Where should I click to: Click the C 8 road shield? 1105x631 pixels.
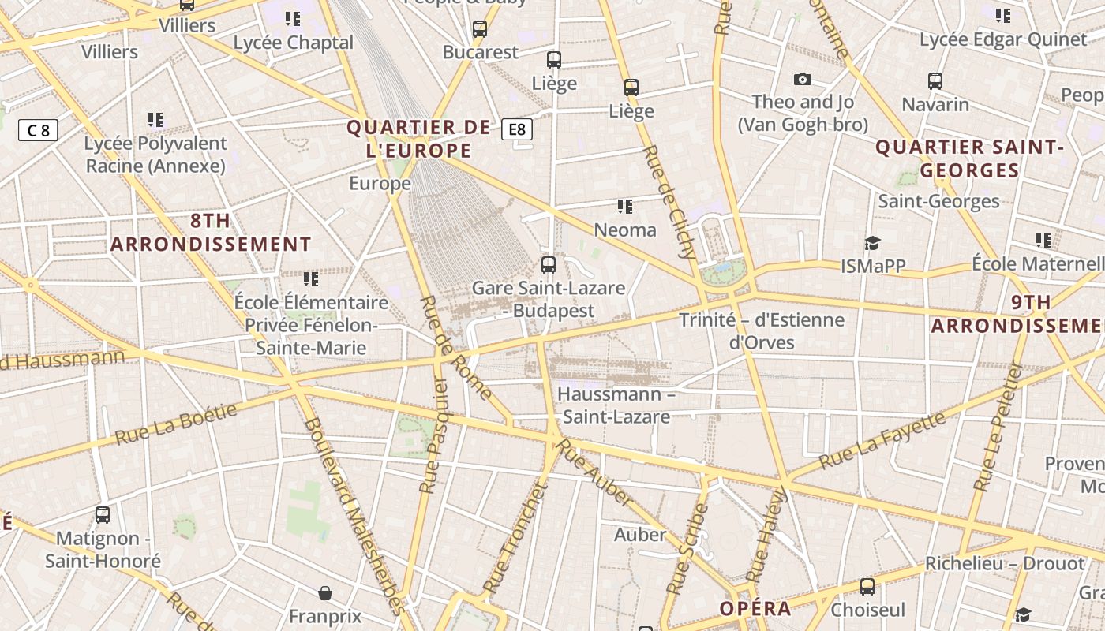click(38, 130)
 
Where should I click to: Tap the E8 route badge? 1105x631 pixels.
click(517, 129)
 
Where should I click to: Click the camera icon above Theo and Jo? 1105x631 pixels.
click(803, 79)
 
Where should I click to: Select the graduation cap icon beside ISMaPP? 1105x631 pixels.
click(872, 243)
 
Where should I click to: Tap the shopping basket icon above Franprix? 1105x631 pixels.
click(325, 593)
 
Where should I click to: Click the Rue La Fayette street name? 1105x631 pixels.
click(882, 440)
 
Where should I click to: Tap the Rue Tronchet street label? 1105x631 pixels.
click(515, 538)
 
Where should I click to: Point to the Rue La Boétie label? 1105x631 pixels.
click(176, 424)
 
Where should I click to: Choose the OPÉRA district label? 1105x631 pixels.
click(755, 608)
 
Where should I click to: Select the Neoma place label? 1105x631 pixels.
click(625, 230)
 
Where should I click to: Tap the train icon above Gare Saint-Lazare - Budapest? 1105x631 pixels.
click(549, 265)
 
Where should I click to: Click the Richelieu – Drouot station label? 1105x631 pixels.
click(1005, 564)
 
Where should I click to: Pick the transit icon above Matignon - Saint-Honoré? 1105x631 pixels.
click(103, 515)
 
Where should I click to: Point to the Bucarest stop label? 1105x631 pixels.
click(480, 52)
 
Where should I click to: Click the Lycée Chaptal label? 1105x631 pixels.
click(294, 42)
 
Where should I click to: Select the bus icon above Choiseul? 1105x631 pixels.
click(867, 587)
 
